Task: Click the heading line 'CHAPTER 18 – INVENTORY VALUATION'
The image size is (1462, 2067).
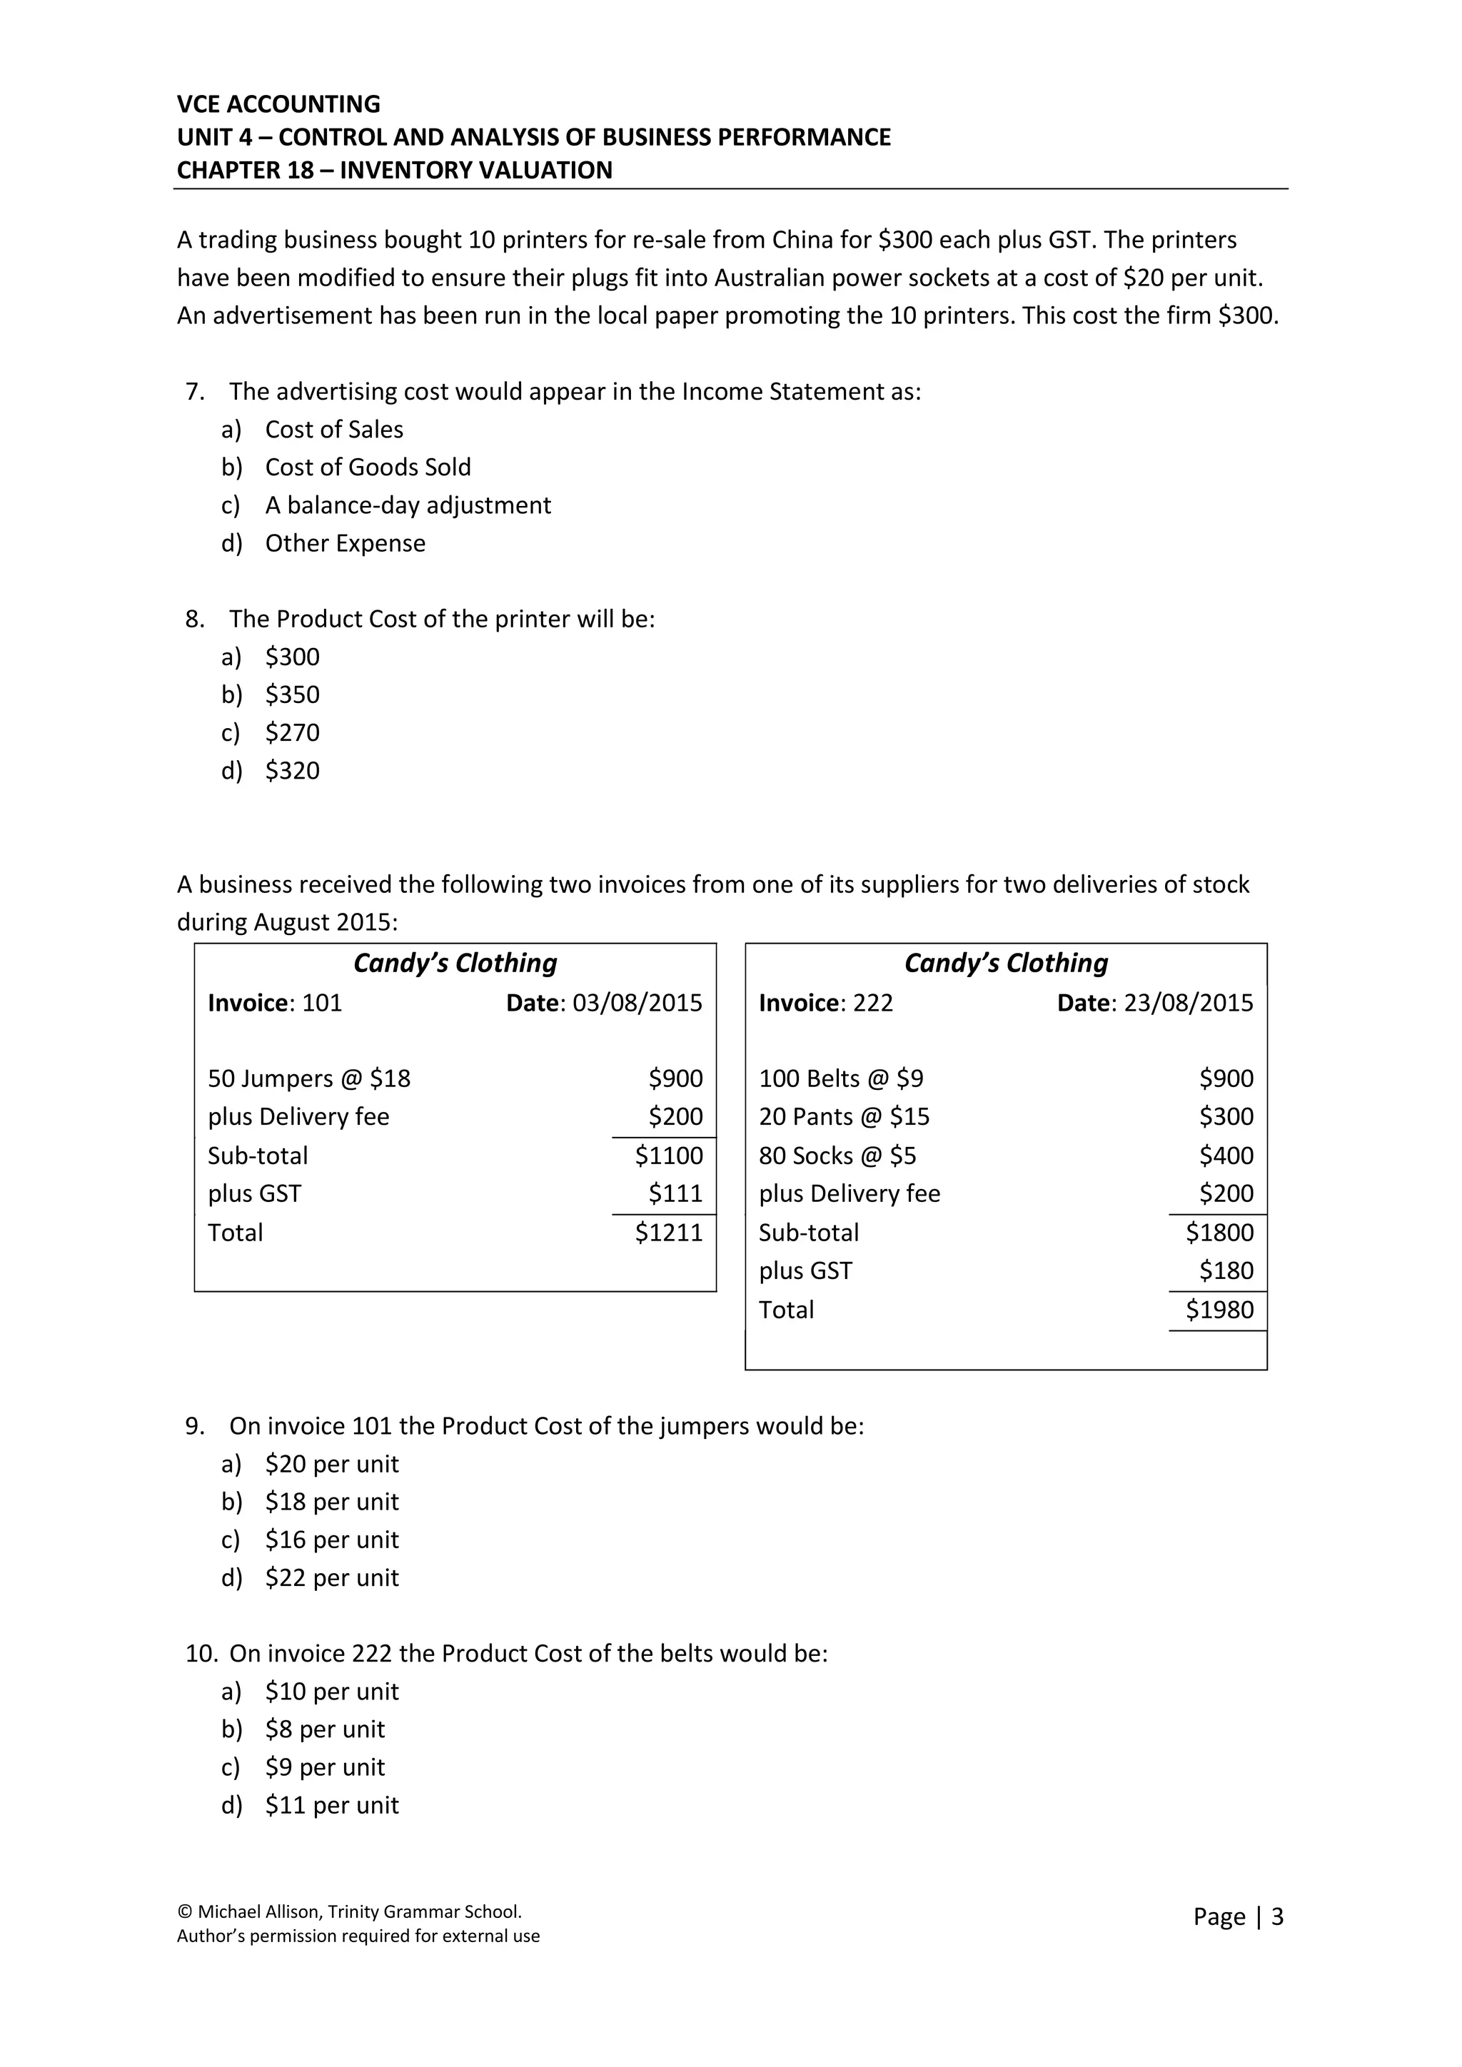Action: (394, 170)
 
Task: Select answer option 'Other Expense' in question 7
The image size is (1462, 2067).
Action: (345, 544)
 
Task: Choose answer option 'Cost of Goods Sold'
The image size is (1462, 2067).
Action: (368, 468)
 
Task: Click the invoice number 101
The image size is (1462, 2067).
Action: (321, 1003)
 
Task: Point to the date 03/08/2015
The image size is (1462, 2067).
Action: (637, 1003)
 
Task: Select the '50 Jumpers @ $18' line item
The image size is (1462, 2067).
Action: (309, 1078)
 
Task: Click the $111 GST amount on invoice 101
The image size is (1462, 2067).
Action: (675, 1194)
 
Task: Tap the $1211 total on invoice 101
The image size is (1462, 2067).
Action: (668, 1233)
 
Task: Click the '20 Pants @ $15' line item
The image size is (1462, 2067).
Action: (844, 1117)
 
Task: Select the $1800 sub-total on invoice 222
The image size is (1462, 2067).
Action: (1219, 1233)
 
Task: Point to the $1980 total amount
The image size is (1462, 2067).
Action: (1219, 1310)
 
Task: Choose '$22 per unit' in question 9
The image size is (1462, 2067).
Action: (331, 1578)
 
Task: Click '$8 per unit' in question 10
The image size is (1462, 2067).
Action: (324, 1729)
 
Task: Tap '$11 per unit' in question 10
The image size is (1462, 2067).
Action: (331, 1805)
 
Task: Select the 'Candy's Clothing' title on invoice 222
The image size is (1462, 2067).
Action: (1006, 964)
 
